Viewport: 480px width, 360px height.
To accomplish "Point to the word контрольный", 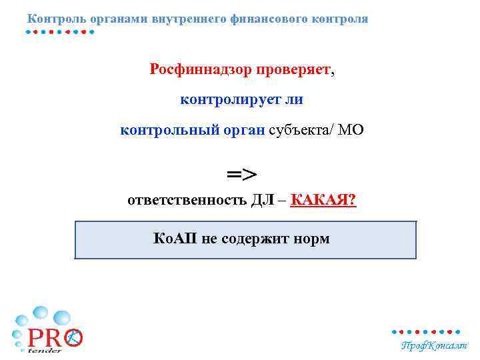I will (x=167, y=130).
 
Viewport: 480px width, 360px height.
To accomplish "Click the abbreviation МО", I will (x=351, y=130).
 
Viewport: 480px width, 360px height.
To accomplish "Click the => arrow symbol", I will (x=241, y=175).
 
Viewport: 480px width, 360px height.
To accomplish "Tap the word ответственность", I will (x=187, y=201).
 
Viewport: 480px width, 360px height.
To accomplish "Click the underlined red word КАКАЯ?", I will (x=324, y=201).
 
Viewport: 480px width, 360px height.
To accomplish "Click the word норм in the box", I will (x=312, y=238).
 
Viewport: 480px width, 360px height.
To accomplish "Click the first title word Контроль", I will (x=54, y=19).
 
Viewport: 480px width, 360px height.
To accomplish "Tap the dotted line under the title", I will (x=60, y=32).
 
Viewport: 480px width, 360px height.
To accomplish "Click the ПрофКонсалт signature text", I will (x=433, y=345).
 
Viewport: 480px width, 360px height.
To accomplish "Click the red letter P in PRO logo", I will (x=35, y=338).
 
